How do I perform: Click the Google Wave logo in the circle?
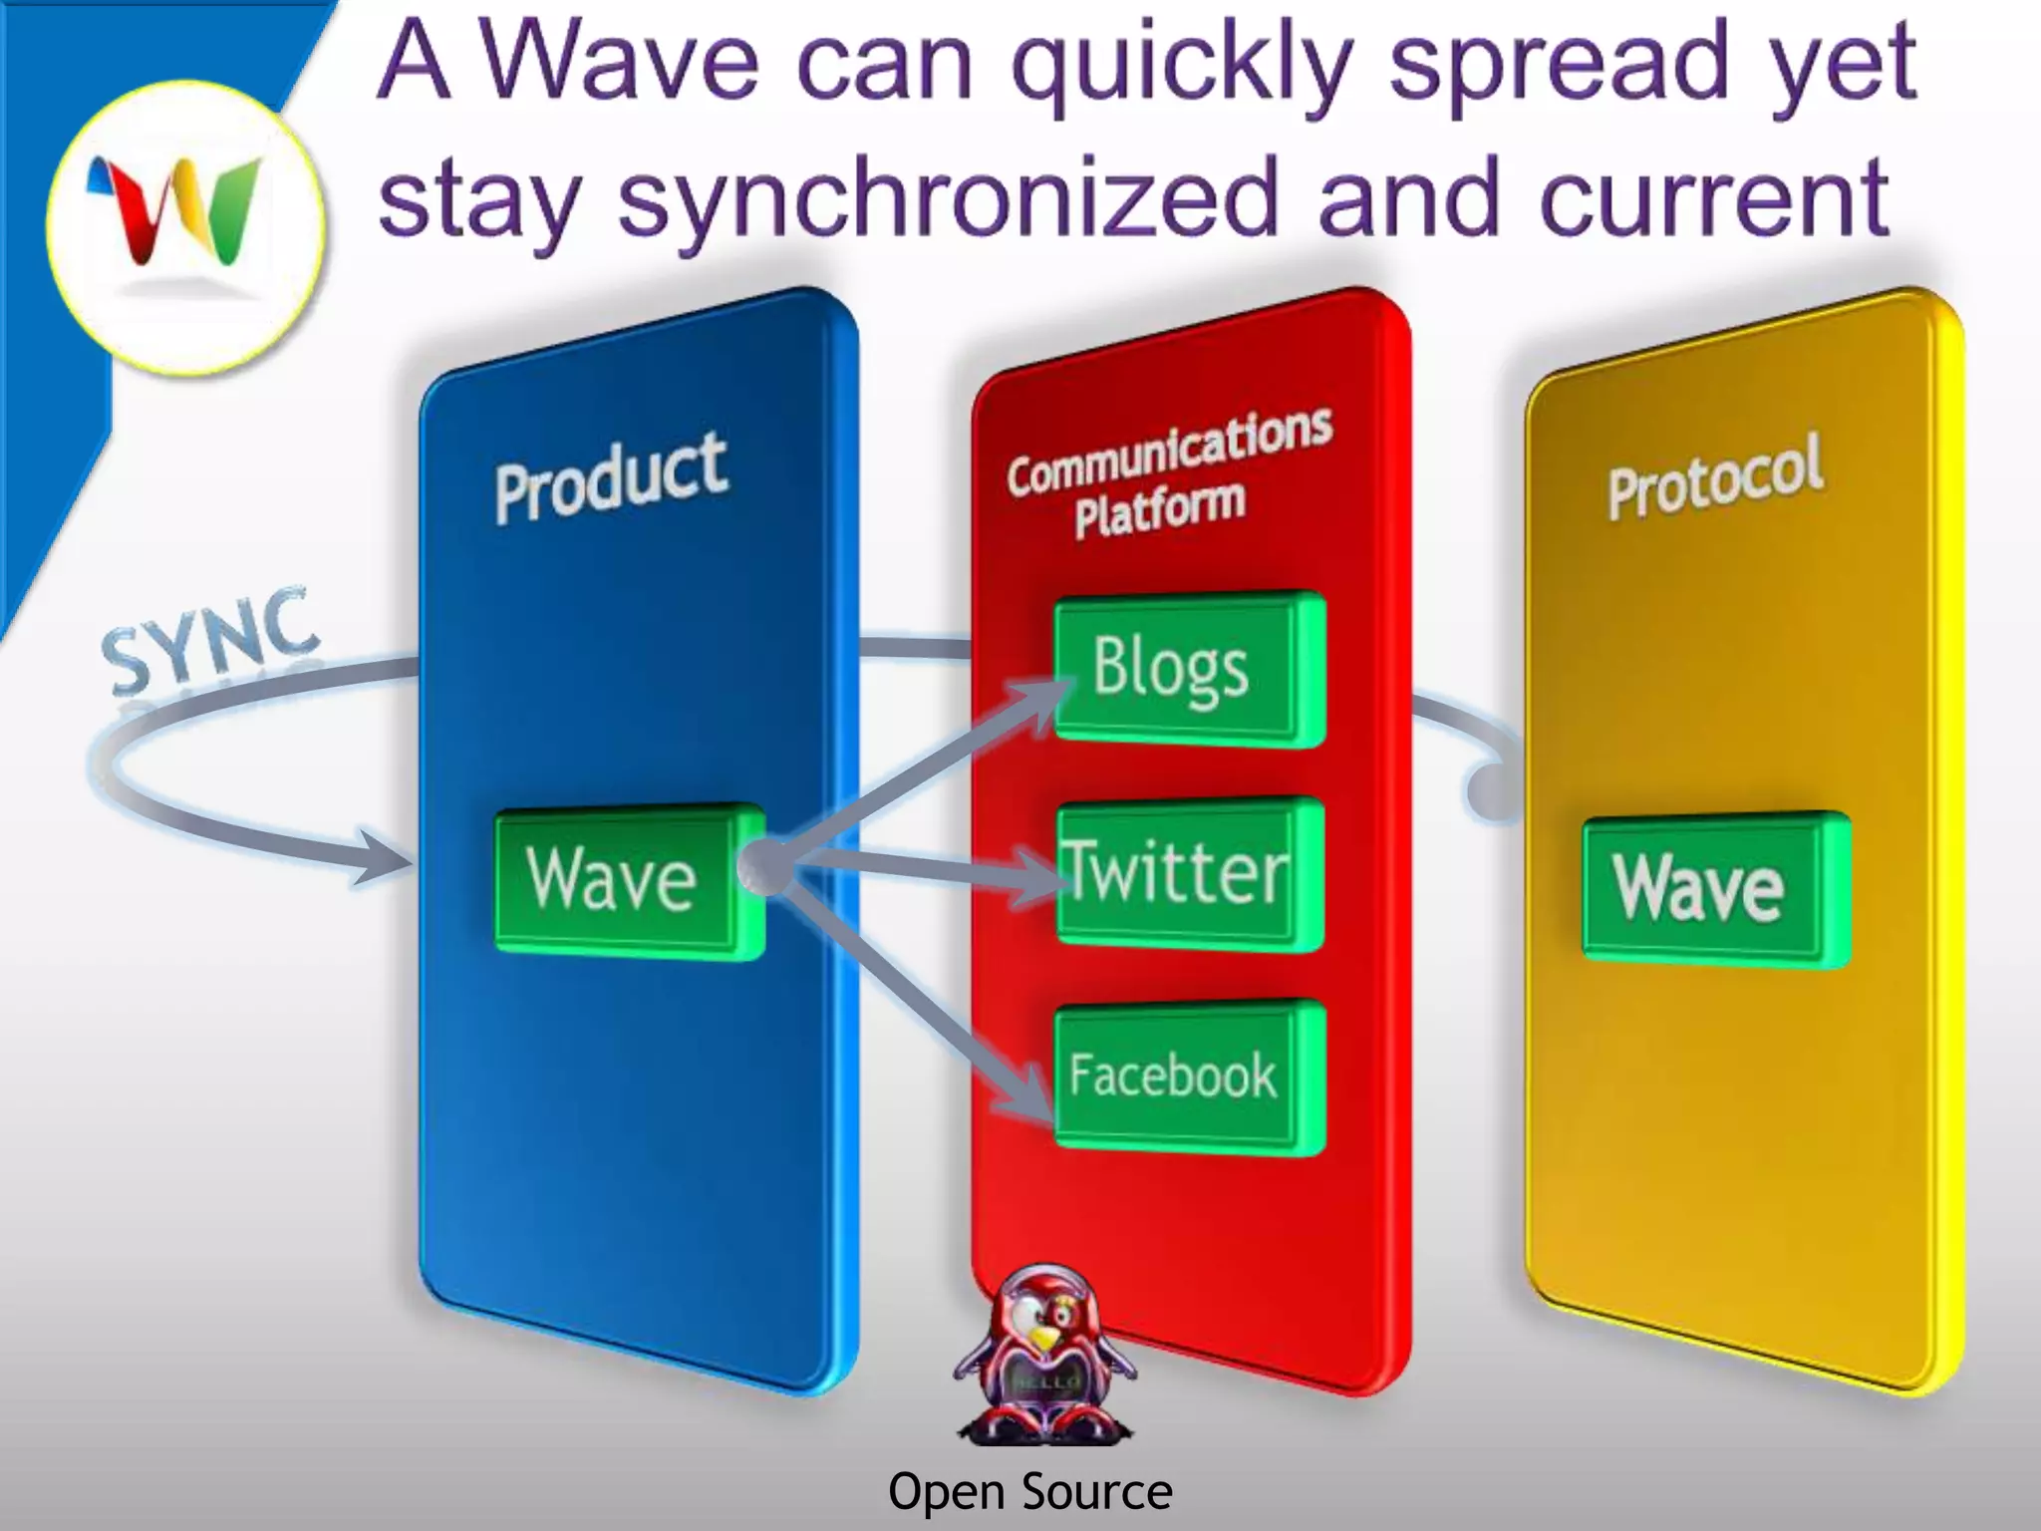[184, 215]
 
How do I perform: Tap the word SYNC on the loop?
[211, 642]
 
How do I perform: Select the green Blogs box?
[1188, 669]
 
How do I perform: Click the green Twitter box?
[1188, 873]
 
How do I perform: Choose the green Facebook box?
[1188, 1076]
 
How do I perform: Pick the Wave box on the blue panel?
[628, 880]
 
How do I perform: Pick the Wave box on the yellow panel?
[1714, 888]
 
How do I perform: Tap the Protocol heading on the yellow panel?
[1715, 476]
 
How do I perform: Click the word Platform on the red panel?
[1160, 509]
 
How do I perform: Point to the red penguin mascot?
[1042, 1356]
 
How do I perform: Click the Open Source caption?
[1029, 1492]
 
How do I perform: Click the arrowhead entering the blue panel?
[383, 858]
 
